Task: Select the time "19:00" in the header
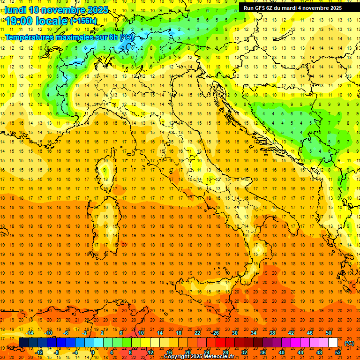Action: click(x=20, y=21)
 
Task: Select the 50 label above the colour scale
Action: click(x=329, y=333)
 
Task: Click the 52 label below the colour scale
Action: click(x=338, y=352)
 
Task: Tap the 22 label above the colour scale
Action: click(x=197, y=333)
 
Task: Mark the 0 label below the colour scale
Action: click(x=93, y=352)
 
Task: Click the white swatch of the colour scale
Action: click(x=333, y=343)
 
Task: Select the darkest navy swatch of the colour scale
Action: click(x=23, y=343)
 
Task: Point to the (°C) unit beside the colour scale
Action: click(x=350, y=343)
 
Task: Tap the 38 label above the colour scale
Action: click(x=272, y=333)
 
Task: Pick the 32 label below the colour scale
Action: click(x=244, y=352)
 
